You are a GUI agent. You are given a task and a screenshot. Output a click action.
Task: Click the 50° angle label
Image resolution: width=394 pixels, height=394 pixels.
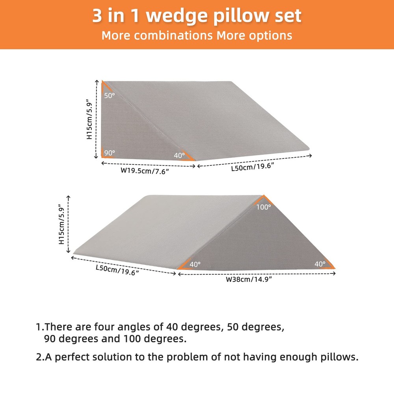[x=110, y=95]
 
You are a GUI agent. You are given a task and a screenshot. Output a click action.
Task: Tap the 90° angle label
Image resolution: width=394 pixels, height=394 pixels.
[x=110, y=153]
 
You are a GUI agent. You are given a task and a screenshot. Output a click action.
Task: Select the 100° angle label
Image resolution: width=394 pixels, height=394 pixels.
[x=264, y=207]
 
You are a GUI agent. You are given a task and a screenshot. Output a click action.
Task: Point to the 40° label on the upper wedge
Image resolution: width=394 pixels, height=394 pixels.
[x=179, y=155]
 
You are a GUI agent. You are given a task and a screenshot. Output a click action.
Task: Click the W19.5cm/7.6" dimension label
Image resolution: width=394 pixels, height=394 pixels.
[x=145, y=171]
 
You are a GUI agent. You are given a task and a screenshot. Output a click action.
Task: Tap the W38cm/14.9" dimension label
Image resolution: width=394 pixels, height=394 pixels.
[x=249, y=279]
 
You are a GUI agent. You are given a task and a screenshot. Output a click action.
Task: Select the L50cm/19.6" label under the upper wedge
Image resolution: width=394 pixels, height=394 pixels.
[x=253, y=167]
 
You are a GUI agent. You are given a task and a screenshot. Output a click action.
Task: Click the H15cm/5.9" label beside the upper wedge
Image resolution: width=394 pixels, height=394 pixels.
[x=89, y=121]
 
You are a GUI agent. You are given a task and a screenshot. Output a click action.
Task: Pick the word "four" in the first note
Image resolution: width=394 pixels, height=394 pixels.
[x=104, y=327]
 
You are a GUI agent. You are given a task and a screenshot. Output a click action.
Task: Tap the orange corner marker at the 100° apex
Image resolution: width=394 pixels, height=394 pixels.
[x=263, y=199]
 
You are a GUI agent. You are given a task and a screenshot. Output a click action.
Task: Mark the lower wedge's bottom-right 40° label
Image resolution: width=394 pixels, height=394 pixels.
[x=320, y=264]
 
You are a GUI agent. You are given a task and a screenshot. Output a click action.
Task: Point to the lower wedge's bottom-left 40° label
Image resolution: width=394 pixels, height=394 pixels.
[x=195, y=264]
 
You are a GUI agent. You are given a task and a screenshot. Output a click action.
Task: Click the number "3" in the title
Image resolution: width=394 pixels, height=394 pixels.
[x=97, y=16]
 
